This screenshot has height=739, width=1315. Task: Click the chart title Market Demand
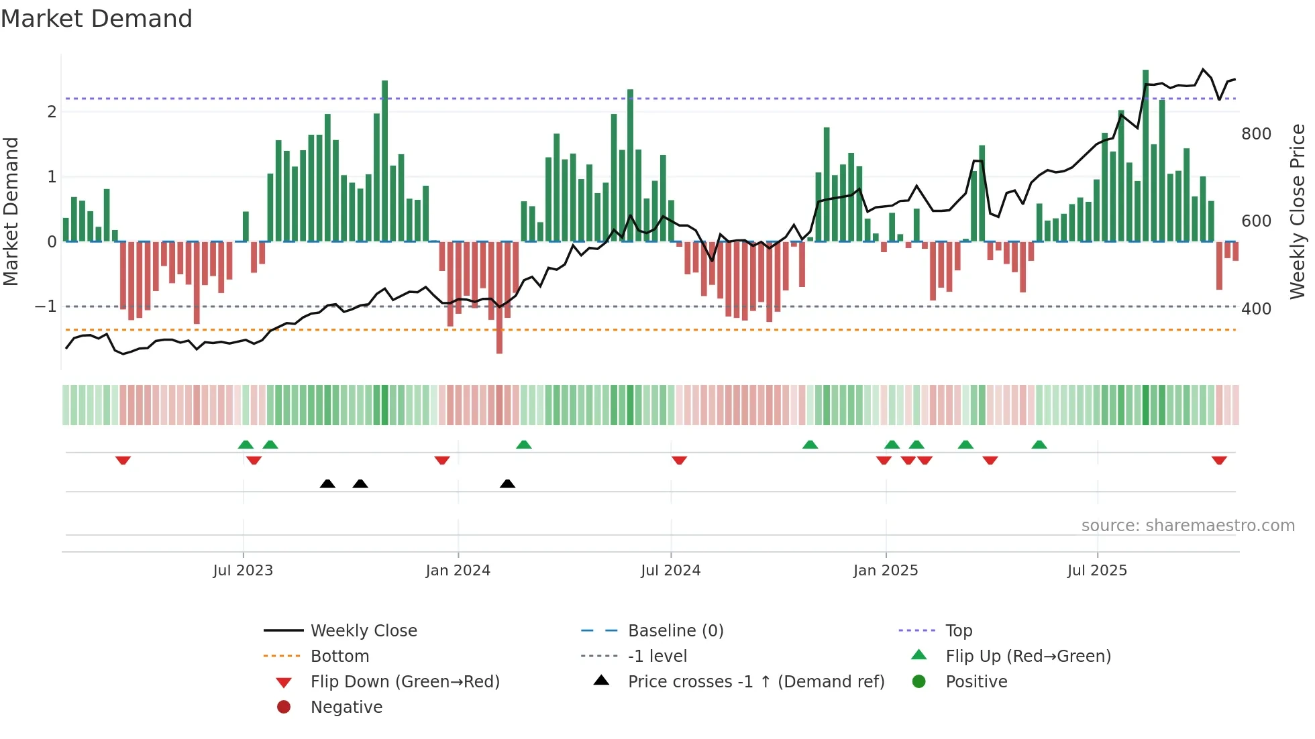[x=97, y=18]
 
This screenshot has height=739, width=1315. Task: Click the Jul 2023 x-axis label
[x=243, y=571]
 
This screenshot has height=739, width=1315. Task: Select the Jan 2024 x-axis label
[x=458, y=571]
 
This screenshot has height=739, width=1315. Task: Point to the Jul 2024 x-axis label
[x=670, y=571]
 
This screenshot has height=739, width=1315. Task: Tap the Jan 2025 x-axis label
[x=886, y=571]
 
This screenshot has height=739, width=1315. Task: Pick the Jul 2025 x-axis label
[x=1097, y=571]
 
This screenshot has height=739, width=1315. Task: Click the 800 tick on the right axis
[x=1256, y=134]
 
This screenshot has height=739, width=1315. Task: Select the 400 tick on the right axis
[x=1256, y=309]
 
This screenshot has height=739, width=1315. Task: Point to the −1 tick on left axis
[x=46, y=306]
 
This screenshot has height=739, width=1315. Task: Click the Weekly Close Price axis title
[x=1298, y=211]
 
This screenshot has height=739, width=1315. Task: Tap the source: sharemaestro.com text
[x=1188, y=526]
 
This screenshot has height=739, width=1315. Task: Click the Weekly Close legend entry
[x=363, y=631]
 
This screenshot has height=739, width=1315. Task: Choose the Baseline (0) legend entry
[x=675, y=631]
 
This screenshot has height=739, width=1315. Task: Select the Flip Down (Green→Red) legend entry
[x=405, y=682]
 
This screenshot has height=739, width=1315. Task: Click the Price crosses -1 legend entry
[x=755, y=682]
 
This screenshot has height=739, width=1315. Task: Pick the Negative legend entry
[x=346, y=707]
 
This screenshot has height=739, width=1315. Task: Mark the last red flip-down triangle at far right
[x=1219, y=460]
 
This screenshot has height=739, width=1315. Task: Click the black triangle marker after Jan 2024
[x=507, y=484]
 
